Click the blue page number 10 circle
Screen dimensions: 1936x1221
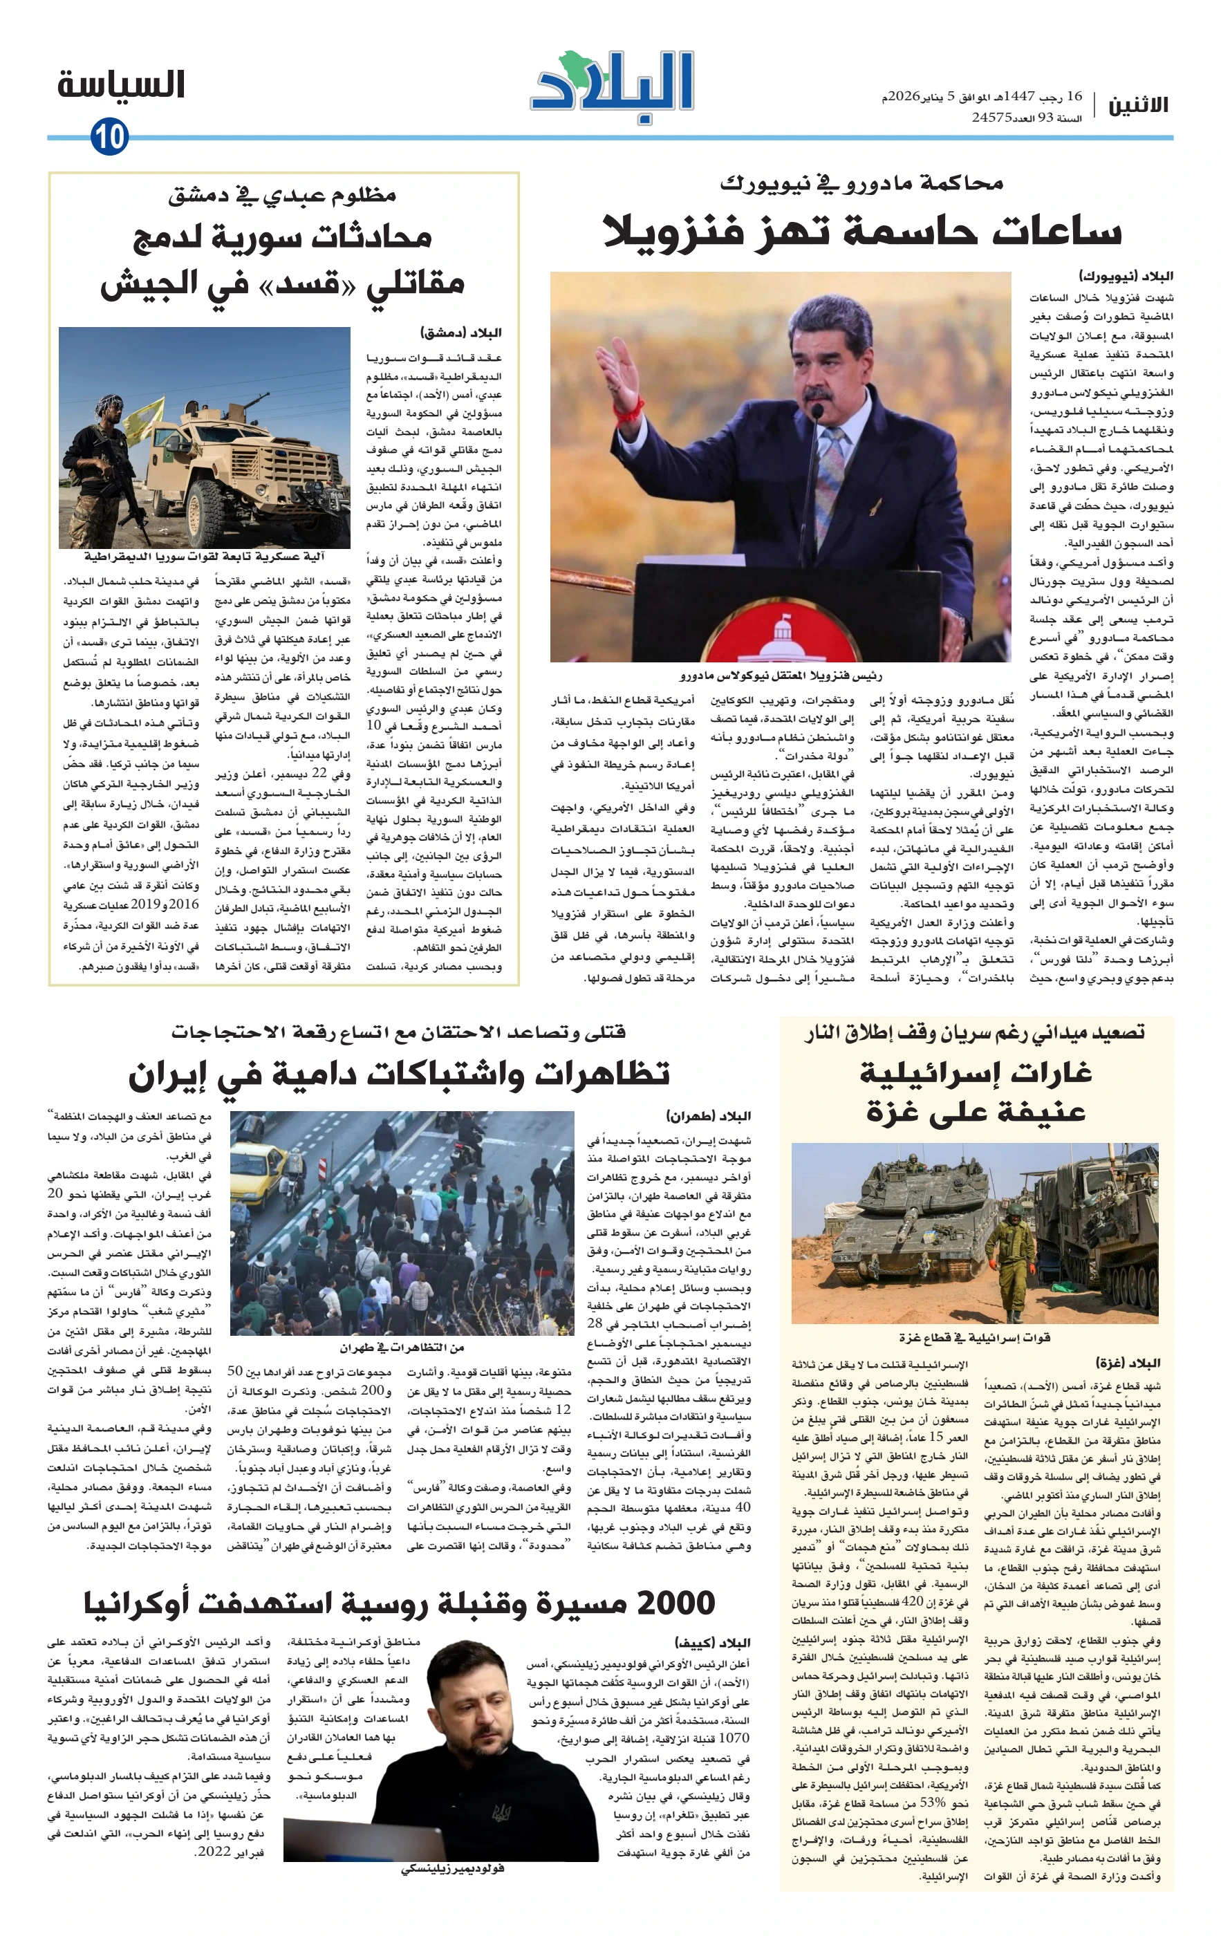(109, 137)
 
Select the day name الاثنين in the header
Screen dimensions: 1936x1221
(1138, 105)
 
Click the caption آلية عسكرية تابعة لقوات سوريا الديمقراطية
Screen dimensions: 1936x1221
(204, 557)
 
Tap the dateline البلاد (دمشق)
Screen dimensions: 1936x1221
(461, 333)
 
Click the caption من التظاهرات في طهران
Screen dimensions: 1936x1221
(401, 1347)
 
